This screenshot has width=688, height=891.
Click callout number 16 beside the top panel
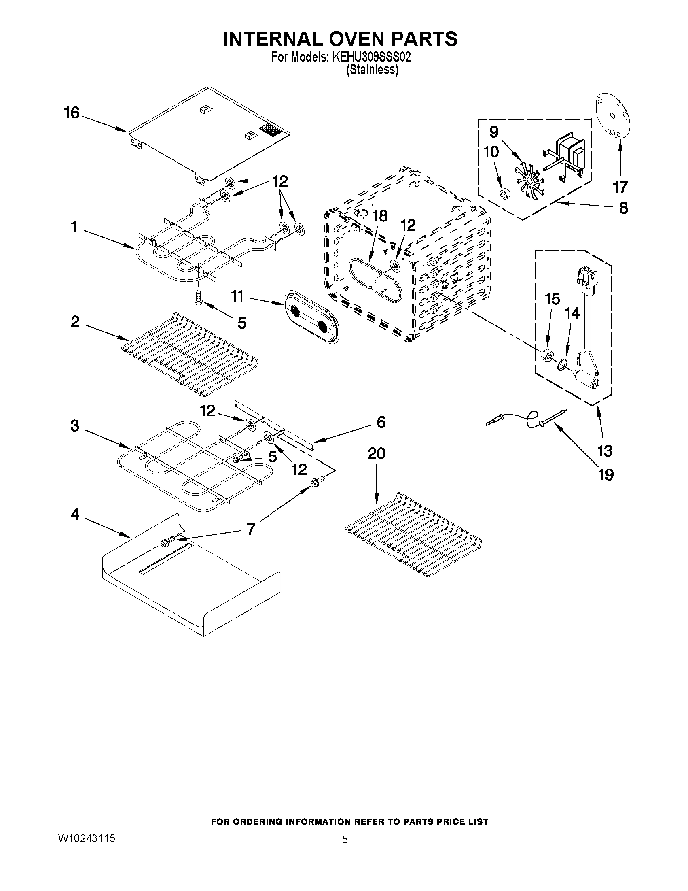(72, 113)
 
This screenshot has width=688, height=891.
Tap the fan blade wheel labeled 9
(528, 179)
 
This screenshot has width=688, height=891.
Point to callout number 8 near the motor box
(623, 208)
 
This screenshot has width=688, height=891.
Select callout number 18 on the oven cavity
(379, 216)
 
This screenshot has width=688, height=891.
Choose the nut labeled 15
(546, 356)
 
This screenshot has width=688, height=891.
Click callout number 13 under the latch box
(604, 451)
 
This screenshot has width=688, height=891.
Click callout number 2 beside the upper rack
(75, 322)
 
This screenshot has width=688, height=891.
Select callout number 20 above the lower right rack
(376, 453)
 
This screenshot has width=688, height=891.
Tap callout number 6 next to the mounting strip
(381, 422)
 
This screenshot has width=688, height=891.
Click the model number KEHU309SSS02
(371, 57)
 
